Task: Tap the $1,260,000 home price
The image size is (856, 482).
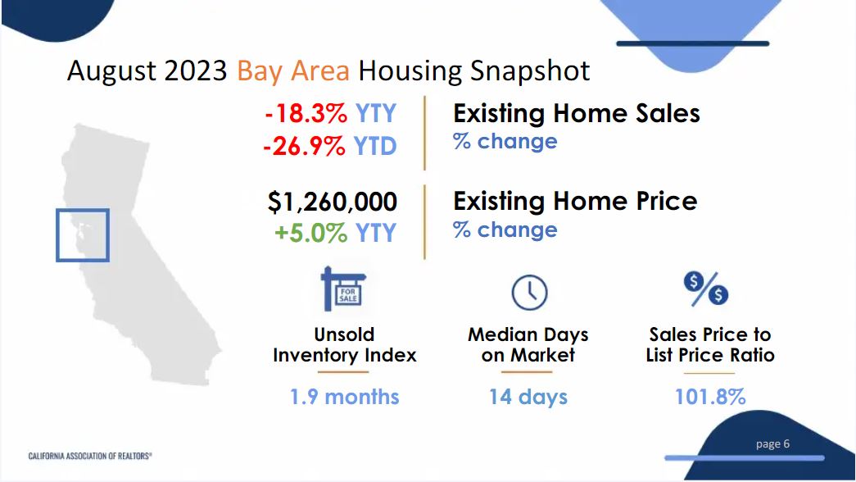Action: pos(333,201)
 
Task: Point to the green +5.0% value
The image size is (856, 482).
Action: pos(311,233)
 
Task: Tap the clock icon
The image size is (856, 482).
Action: pos(528,292)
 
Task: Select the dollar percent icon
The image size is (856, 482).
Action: pos(706,289)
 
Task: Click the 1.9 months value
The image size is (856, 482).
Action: pos(344,397)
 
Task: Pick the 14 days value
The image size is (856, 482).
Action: pos(528,397)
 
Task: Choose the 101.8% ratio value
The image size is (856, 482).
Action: pos(709,397)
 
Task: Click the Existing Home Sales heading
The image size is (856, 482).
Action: pos(577,113)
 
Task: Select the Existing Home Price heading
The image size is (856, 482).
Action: pos(575,201)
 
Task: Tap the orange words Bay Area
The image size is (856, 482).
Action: pos(292,70)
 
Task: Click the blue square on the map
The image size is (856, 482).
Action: pos(82,235)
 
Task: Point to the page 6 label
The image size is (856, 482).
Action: pos(772,443)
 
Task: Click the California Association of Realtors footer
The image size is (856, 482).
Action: pos(90,455)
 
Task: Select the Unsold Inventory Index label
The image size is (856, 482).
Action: pos(344,345)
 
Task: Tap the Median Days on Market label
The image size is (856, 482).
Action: pos(528,345)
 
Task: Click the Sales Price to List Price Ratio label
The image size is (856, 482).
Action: pos(709,345)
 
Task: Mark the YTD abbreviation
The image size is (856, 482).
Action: pos(375,146)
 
